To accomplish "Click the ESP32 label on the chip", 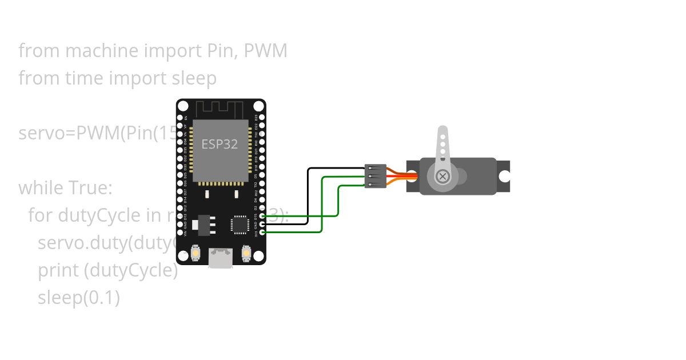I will point(220,144).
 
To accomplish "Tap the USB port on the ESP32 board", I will point(221,258).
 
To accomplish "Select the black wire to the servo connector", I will point(309,194).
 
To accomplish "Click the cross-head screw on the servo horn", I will point(442,176).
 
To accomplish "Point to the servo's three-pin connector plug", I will point(376,175).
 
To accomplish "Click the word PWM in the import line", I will point(265,51).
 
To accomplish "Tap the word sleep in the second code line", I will point(194,78).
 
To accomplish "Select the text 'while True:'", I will point(65,187).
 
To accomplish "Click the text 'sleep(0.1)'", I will point(79,298).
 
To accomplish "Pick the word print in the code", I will point(58,270).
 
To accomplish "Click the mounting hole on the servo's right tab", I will point(504,177).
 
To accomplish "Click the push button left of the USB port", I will point(196,253).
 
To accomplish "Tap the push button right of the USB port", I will point(247,252).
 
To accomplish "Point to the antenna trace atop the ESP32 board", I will point(220,109).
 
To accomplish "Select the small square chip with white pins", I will point(240,224).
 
